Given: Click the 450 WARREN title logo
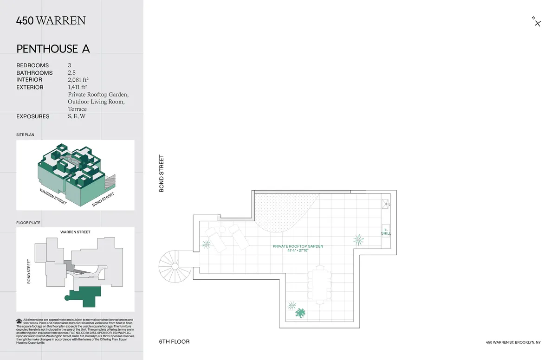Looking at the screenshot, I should (51, 20).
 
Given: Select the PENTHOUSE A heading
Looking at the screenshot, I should (53, 49).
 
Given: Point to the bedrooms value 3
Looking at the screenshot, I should (70, 65).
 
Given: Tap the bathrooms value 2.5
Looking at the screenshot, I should (72, 73).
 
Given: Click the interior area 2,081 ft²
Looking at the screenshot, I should (78, 80).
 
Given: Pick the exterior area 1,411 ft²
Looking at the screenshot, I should (78, 87).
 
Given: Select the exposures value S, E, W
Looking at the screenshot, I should (77, 116).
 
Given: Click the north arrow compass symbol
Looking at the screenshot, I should (537, 22).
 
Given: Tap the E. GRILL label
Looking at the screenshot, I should (386, 231).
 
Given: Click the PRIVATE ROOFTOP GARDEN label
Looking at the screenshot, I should (298, 246).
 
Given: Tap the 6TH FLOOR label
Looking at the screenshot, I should (174, 342).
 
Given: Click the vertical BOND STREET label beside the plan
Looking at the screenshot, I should (162, 174).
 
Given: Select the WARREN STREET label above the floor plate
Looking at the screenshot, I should (75, 232).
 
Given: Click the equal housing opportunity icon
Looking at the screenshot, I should (19, 321).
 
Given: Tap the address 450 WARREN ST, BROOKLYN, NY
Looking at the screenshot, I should (513, 342).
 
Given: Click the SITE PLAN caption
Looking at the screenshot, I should (25, 135).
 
